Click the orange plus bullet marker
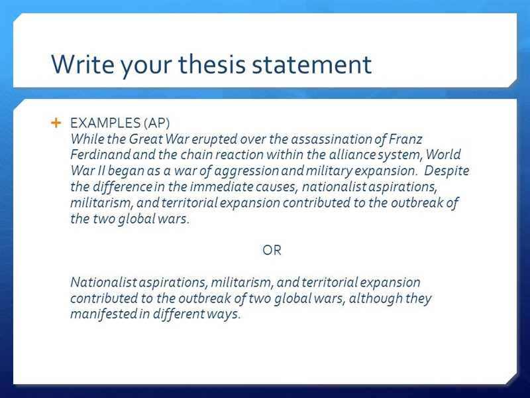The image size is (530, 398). [56, 123]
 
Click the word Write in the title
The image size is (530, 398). [82, 64]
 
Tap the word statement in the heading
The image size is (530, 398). [311, 64]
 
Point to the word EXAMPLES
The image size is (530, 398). [105, 123]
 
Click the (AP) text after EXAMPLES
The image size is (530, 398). [156, 123]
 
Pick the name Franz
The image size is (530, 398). [405, 139]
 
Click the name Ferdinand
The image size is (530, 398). [101, 155]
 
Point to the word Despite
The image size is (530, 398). [447, 171]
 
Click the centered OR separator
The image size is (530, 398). [272, 250]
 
